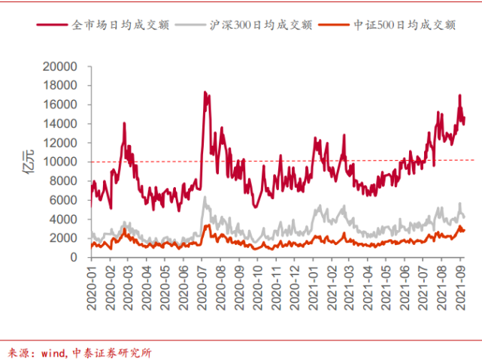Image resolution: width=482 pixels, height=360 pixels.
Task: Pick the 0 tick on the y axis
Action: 75,257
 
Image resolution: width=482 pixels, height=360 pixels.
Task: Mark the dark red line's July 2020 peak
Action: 205,92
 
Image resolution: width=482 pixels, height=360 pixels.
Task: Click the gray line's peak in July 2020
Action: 205,197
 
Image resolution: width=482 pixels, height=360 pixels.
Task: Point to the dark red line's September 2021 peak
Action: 459,95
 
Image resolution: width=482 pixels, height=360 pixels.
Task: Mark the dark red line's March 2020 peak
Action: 124,123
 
